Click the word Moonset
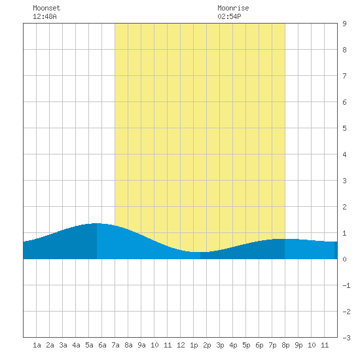[x=46, y=8]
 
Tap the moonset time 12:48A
[x=45, y=16]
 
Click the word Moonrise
[x=233, y=8]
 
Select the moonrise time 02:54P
[x=229, y=16]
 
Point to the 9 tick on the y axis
[x=344, y=24]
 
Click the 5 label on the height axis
[x=344, y=128]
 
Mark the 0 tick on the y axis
[x=344, y=259]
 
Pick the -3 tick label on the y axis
[x=346, y=338]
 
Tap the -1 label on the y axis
[x=346, y=285]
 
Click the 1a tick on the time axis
[x=37, y=345]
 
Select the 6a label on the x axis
[x=102, y=345]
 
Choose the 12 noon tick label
[x=181, y=345]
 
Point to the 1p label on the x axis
[x=194, y=345]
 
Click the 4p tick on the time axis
[x=233, y=345]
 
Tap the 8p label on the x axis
[x=285, y=345]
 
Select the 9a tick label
[x=141, y=345]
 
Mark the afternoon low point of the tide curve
[x=200, y=252]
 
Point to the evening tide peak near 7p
[x=279, y=239]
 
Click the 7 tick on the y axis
[x=344, y=76]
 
